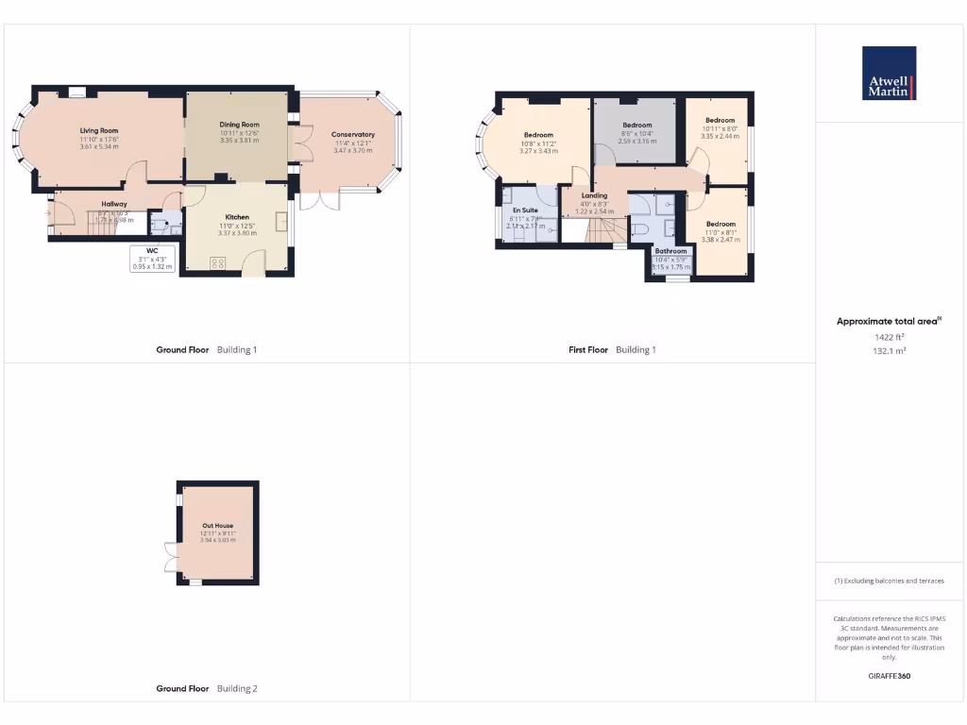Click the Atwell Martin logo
(889, 74)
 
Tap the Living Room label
(98, 130)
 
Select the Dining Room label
(239, 125)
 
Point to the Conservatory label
(352, 134)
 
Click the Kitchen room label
(236, 217)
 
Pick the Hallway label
(114, 204)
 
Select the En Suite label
(525, 210)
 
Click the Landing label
(594, 195)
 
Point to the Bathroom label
(670, 251)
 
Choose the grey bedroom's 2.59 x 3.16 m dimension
(636, 141)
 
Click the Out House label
(217, 525)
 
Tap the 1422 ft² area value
(889, 336)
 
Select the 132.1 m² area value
(889, 349)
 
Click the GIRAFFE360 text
(889, 676)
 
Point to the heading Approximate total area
(887, 322)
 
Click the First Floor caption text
(588, 349)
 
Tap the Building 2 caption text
(237, 688)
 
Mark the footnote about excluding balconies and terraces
(889, 581)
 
